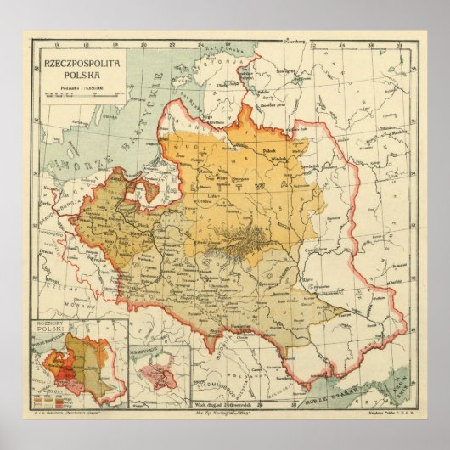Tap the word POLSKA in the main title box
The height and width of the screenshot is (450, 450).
pos(77,73)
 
